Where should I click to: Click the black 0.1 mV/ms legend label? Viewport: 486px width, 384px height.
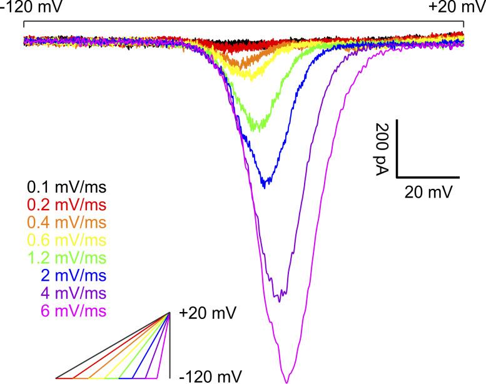pyautogui.click(x=66, y=187)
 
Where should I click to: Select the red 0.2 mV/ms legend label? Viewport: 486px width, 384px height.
pyautogui.click(x=66, y=205)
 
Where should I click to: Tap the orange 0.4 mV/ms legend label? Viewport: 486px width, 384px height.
pyautogui.click(x=66, y=222)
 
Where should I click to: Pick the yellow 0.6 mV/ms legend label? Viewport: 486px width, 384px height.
pyautogui.click(x=66, y=240)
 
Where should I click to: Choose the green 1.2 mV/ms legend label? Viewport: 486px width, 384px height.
pyautogui.click(x=66, y=258)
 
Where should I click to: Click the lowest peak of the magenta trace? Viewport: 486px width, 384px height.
pyautogui.click(x=286, y=381)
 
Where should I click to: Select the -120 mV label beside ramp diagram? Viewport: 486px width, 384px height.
pyautogui.click(x=207, y=376)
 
